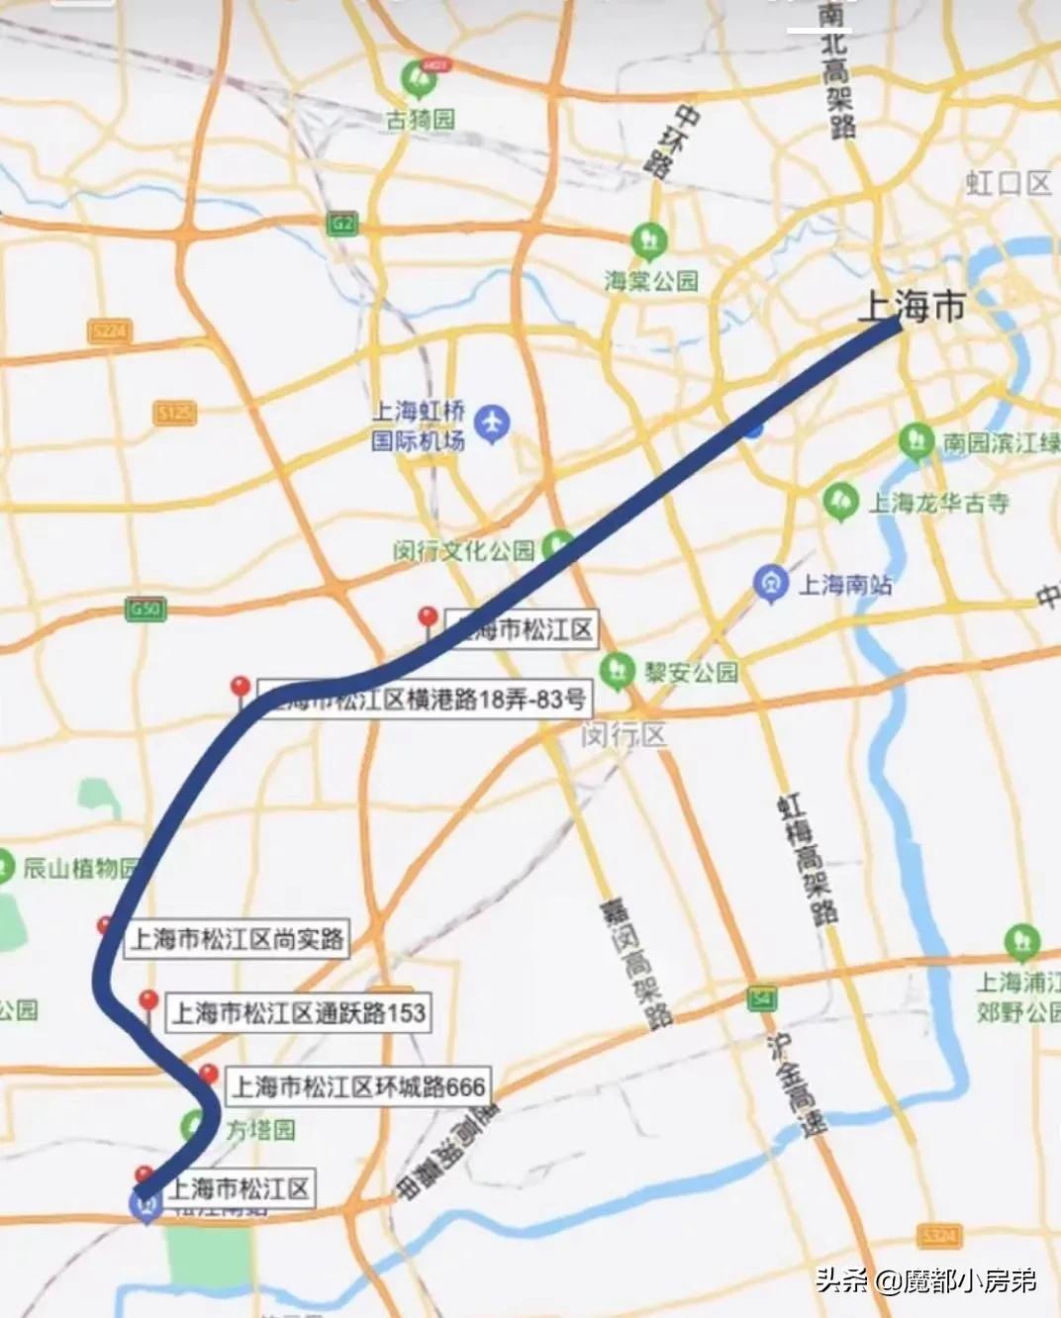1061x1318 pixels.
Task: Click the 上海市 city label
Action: pyautogui.click(x=911, y=306)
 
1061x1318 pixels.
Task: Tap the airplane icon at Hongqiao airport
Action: pyautogui.click(x=492, y=424)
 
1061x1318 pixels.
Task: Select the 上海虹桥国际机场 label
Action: pyautogui.click(x=418, y=425)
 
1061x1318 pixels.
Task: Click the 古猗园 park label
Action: pyautogui.click(x=421, y=119)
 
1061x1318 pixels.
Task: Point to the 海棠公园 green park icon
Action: pyautogui.click(x=649, y=240)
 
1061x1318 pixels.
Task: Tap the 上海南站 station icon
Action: pyautogui.click(x=769, y=583)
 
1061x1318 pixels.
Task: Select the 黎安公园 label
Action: pyautogui.click(x=692, y=672)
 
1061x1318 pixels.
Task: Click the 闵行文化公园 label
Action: pyautogui.click(x=463, y=550)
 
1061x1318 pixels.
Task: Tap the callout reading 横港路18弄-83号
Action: pyautogui.click(x=424, y=700)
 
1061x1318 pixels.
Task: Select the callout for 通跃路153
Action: pyautogui.click(x=299, y=1012)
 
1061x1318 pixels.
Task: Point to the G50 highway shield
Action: pyautogui.click(x=145, y=610)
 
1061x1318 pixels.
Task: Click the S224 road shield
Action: pyautogui.click(x=109, y=330)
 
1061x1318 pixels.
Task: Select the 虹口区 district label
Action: pyautogui.click(x=1008, y=183)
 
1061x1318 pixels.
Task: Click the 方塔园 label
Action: pyautogui.click(x=259, y=1129)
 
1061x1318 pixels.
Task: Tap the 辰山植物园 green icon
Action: pyautogui.click(x=4, y=866)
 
